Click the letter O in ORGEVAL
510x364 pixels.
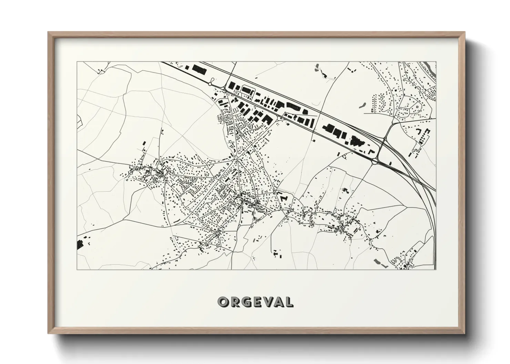223,302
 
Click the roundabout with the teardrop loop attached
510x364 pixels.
210,84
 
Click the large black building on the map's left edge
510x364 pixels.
80,244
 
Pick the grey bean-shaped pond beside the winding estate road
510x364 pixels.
363,105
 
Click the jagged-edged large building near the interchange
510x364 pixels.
355,141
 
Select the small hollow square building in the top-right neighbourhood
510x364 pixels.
419,107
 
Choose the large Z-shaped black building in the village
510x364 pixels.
284,198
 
